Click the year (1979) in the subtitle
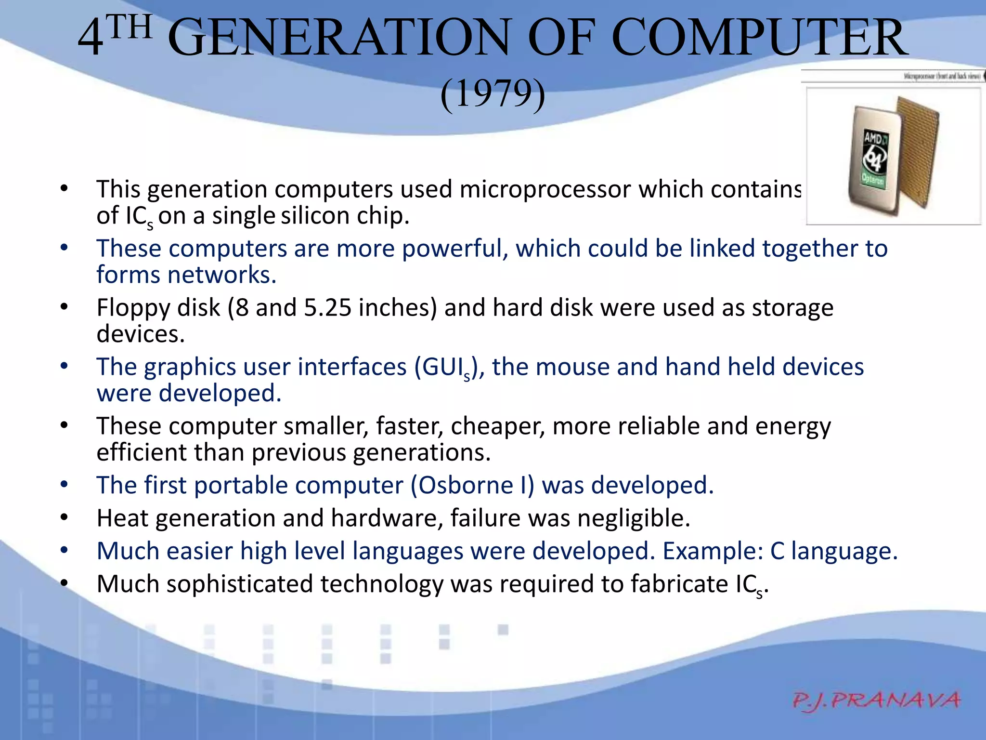point(493,94)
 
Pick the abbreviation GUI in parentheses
point(443,367)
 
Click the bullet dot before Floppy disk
point(64,307)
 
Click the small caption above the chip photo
point(942,77)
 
